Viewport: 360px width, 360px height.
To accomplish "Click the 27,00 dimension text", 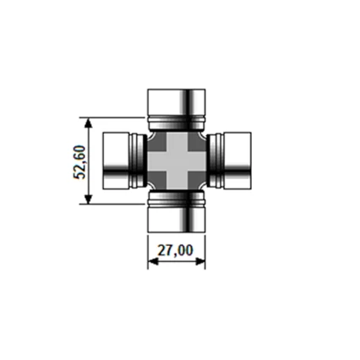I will click(x=176, y=250).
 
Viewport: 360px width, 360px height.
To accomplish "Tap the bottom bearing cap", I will click(x=177, y=219).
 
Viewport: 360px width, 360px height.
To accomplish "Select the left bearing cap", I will click(x=117, y=160).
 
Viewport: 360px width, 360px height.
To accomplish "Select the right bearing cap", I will click(x=237, y=160).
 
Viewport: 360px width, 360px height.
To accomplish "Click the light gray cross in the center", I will click(x=177, y=160).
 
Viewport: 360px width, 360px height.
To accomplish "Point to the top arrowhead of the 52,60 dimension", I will click(x=90, y=121).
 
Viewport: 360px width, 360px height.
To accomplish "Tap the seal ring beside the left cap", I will click(x=139, y=160).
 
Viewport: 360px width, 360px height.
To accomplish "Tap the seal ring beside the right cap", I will click(x=215, y=160).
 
